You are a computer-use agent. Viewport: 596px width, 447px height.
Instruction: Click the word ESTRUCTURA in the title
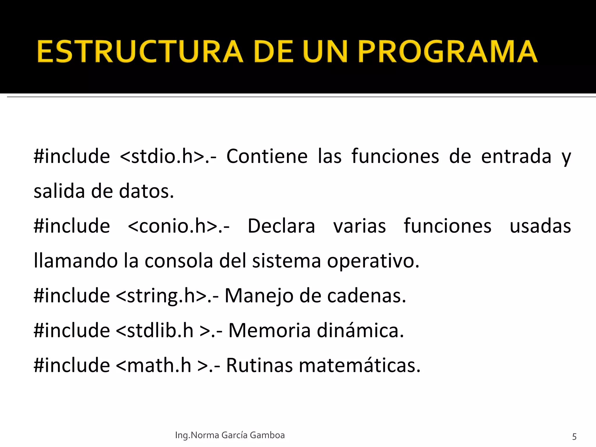[x=140, y=52]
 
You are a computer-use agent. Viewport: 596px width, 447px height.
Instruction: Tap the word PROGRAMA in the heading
[x=447, y=52]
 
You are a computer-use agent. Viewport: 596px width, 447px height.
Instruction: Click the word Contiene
[x=267, y=156]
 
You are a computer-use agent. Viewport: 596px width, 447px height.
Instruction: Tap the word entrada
[x=516, y=156]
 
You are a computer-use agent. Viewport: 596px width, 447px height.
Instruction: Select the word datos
[x=146, y=191]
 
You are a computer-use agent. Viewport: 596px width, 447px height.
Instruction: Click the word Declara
[x=281, y=226]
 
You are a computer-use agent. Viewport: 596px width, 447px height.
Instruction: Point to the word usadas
[x=540, y=226]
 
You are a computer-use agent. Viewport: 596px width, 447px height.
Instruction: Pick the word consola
[x=179, y=261]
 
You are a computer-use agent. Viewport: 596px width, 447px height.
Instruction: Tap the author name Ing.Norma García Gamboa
[x=230, y=435]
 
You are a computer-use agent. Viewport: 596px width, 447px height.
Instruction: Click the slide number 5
[x=574, y=437]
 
